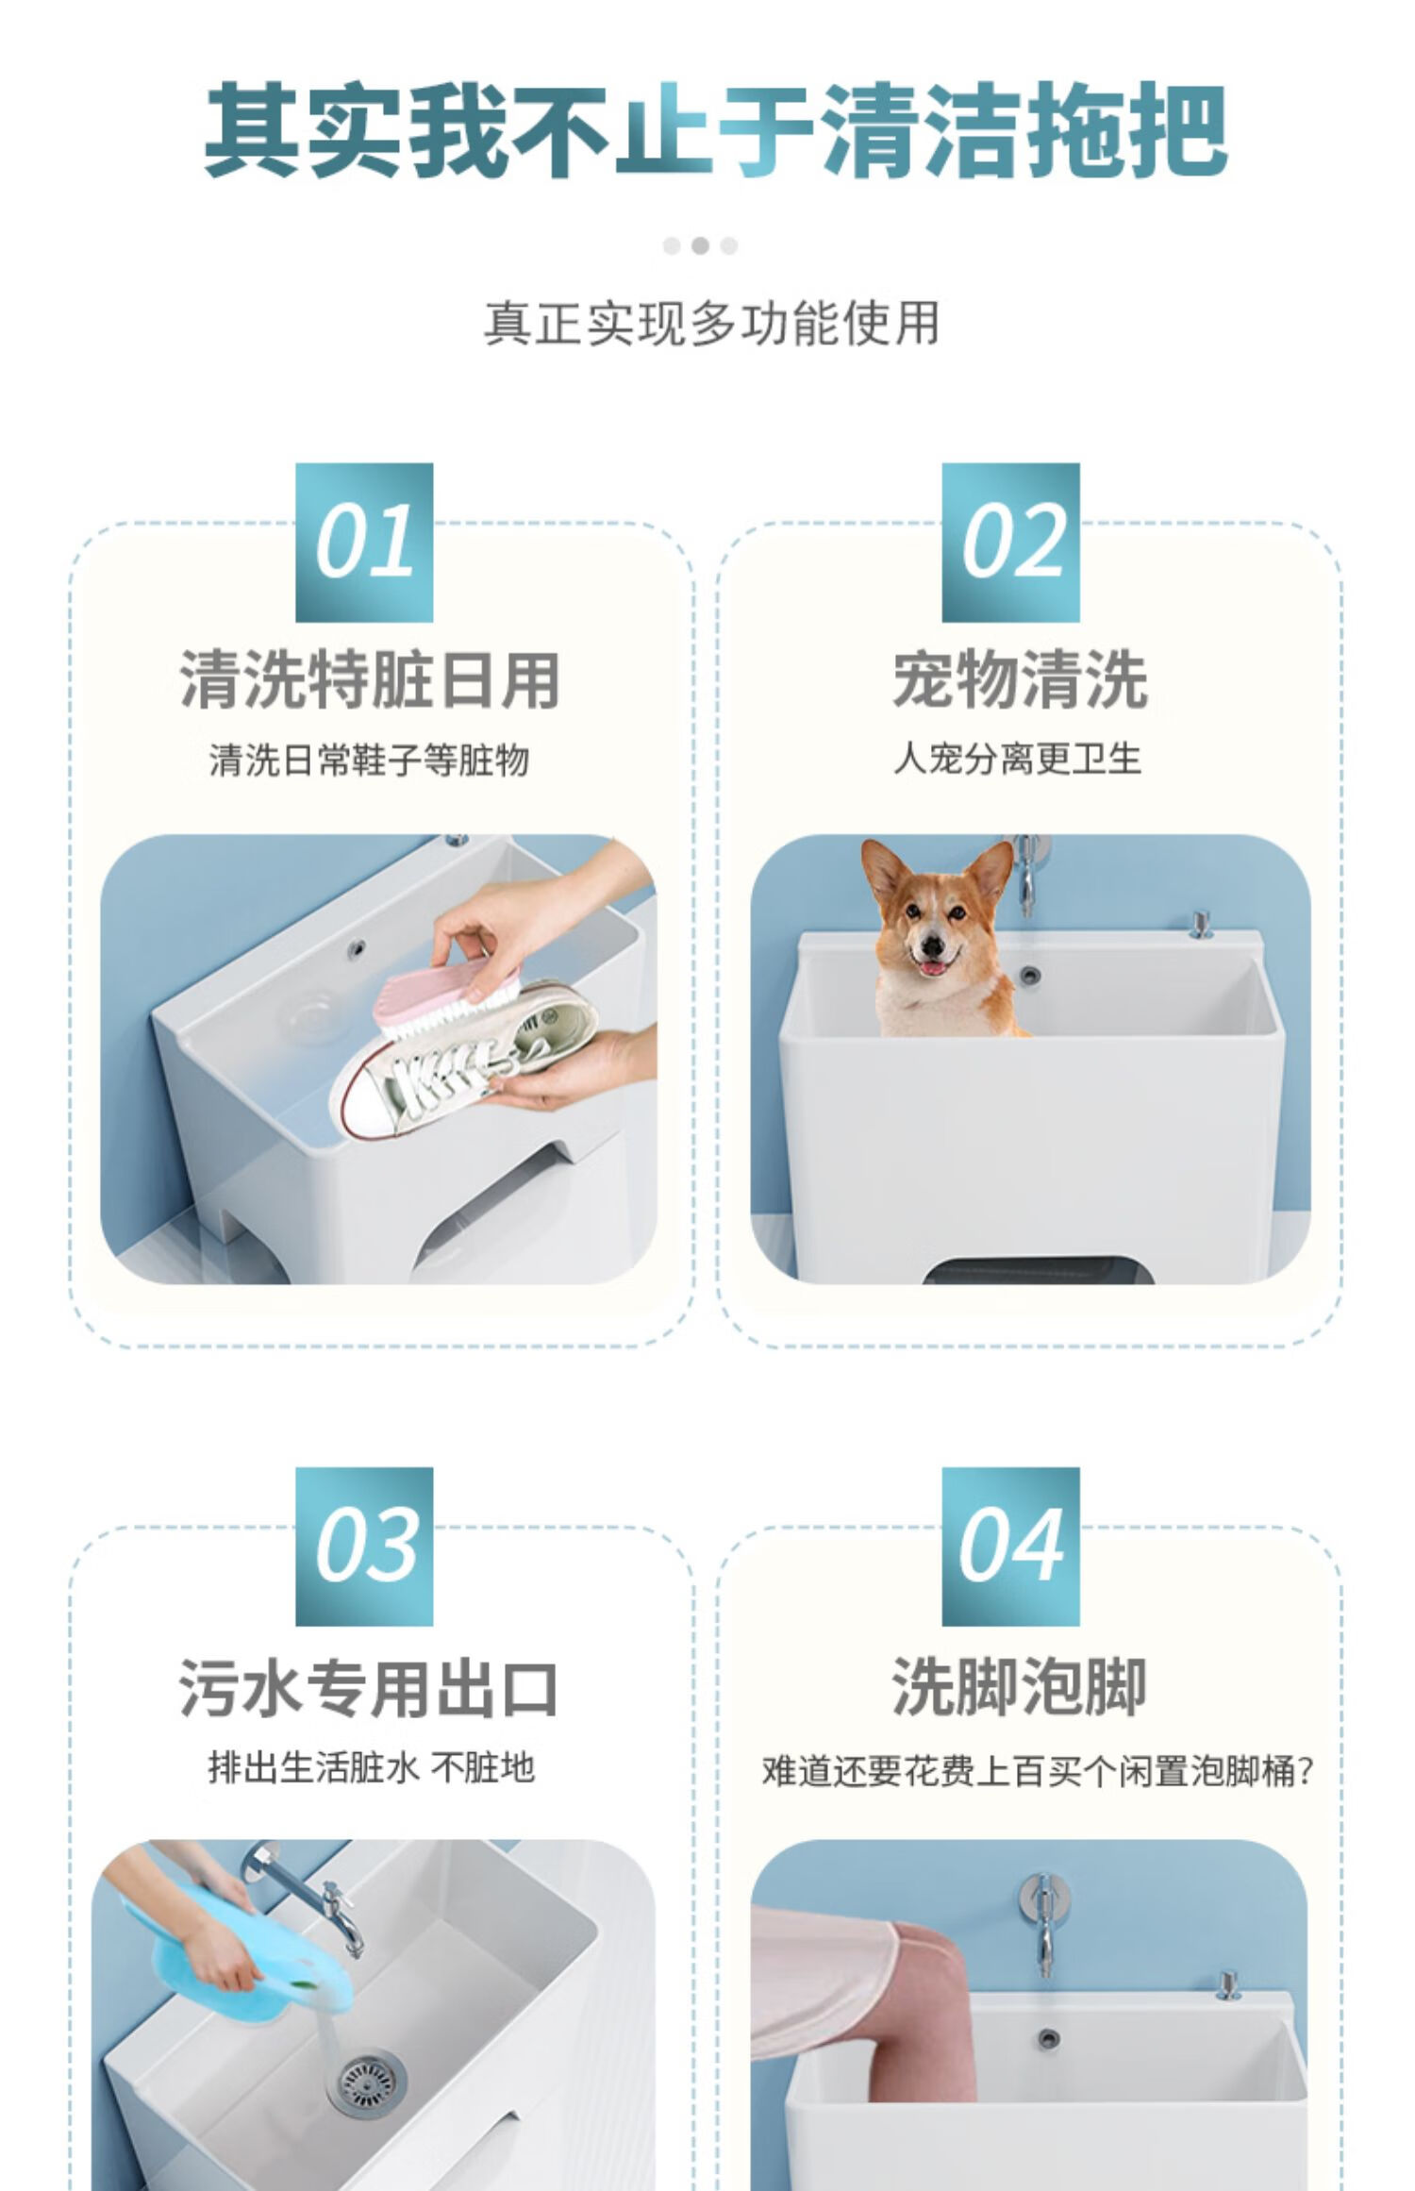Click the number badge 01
(x=364, y=542)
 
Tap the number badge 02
(x=1010, y=542)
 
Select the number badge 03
(x=364, y=1546)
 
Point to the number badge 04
(x=1010, y=1546)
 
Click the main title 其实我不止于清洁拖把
(x=716, y=129)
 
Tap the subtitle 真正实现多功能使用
(x=712, y=324)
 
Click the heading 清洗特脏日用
(x=370, y=680)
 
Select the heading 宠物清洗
(x=1020, y=680)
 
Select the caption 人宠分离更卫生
(x=1018, y=758)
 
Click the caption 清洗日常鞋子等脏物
(x=369, y=760)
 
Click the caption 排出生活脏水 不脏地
(x=371, y=1766)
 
